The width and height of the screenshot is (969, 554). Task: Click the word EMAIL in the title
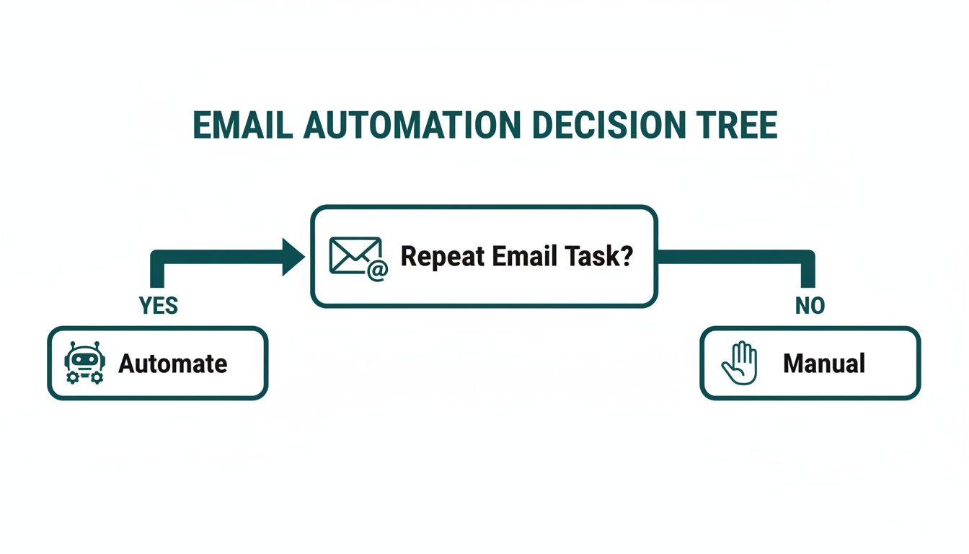click(x=242, y=126)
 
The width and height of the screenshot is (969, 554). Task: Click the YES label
click(x=158, y=306)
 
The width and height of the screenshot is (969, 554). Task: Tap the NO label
click(x=810, y=306)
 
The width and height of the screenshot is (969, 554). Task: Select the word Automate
click(x=173, y=364)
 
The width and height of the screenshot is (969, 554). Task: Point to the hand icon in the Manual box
click(x=740, y=363)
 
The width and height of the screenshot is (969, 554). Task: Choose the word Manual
click(x=824, y=364)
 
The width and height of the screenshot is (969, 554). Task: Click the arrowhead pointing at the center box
click(x=293, y=257)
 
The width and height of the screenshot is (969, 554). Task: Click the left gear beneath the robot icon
click(x=71, y=377)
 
